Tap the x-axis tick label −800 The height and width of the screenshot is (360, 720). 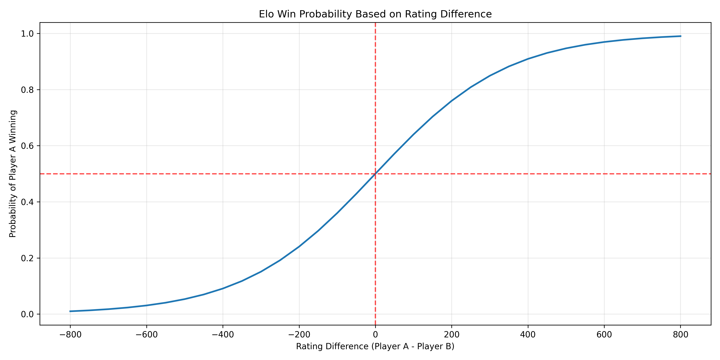point(70,335)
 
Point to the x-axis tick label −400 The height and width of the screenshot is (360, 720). point(223,335)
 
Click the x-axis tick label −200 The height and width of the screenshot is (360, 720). point(299,335)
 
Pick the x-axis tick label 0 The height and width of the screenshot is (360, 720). point(375,335)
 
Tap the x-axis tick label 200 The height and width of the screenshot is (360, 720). point(452,335)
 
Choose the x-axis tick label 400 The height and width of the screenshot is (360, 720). point(528,335)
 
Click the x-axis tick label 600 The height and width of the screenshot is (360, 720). point(604,335)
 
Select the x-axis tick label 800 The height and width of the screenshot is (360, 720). point(681,335)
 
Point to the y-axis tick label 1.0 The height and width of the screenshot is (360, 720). point(27,34)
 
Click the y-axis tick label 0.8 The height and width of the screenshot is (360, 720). point(27,90)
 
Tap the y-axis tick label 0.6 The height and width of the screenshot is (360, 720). point(27,146)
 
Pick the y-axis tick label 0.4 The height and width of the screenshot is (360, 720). point(27,202)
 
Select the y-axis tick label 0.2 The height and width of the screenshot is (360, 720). point(27,258)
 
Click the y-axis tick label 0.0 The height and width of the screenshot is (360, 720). point(27,314)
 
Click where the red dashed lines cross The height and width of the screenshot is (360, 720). point(375,174)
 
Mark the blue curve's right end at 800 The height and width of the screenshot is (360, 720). point(681,36)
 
